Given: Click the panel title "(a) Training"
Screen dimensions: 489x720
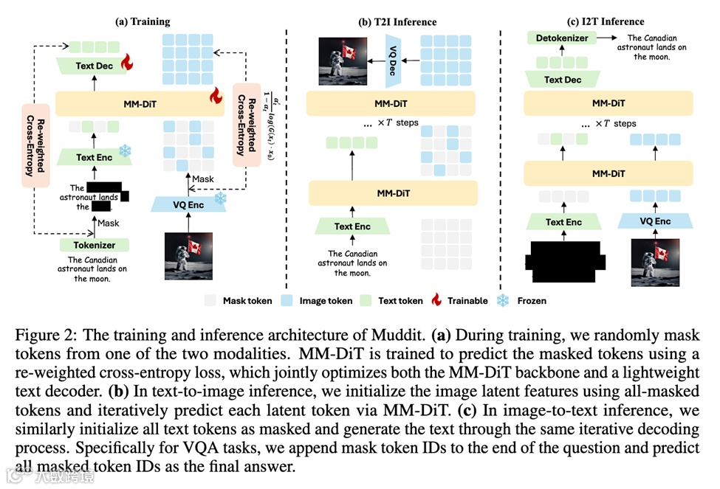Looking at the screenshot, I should (x=143, y=22).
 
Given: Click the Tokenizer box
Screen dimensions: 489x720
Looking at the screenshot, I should (x=94, y=245).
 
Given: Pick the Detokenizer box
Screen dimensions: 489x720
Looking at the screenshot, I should (x=563, y=38).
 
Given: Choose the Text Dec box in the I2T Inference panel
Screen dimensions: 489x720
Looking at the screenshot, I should (x=563, y=80).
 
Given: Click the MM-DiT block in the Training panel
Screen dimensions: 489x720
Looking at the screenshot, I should (x=140, y=103).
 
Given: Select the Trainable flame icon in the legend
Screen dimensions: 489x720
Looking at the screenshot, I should (x=436, y=300).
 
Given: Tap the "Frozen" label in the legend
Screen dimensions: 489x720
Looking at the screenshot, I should (x=532, y=300).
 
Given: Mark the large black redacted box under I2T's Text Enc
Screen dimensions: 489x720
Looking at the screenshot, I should (x=564, y=260).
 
